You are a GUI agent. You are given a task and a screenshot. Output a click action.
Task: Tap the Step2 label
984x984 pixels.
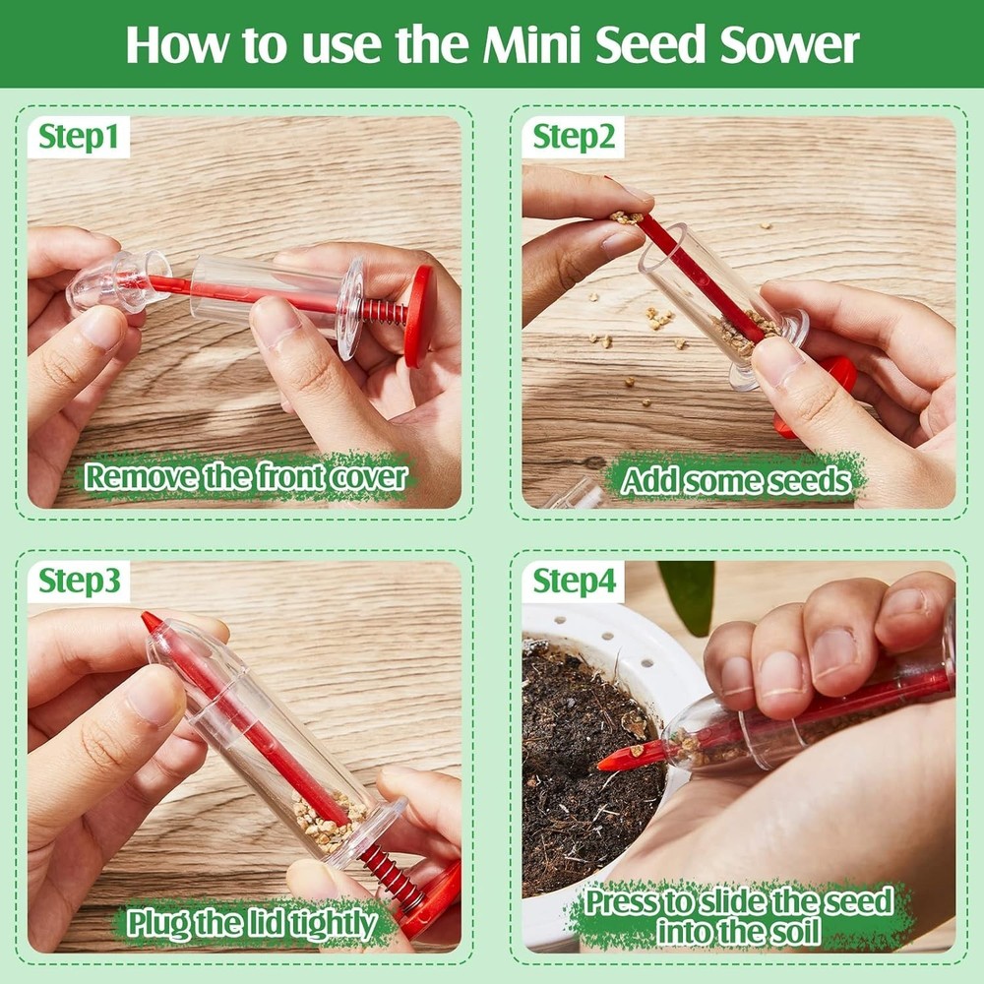(x=574, y=138)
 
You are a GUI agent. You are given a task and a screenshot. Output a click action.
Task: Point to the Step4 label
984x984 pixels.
(x=575, y=583)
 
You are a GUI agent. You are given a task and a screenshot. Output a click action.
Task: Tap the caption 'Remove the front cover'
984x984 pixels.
(x=245, y=477)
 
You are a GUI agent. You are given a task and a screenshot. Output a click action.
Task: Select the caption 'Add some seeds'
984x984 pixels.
(x=735, y=480)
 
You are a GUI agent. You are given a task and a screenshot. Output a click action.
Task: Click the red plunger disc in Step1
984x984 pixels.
(x=419, y=315)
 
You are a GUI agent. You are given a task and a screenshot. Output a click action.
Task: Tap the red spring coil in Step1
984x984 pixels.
(x=384, y=312)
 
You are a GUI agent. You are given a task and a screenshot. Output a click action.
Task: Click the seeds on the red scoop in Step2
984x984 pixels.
(x=625, y=217)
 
